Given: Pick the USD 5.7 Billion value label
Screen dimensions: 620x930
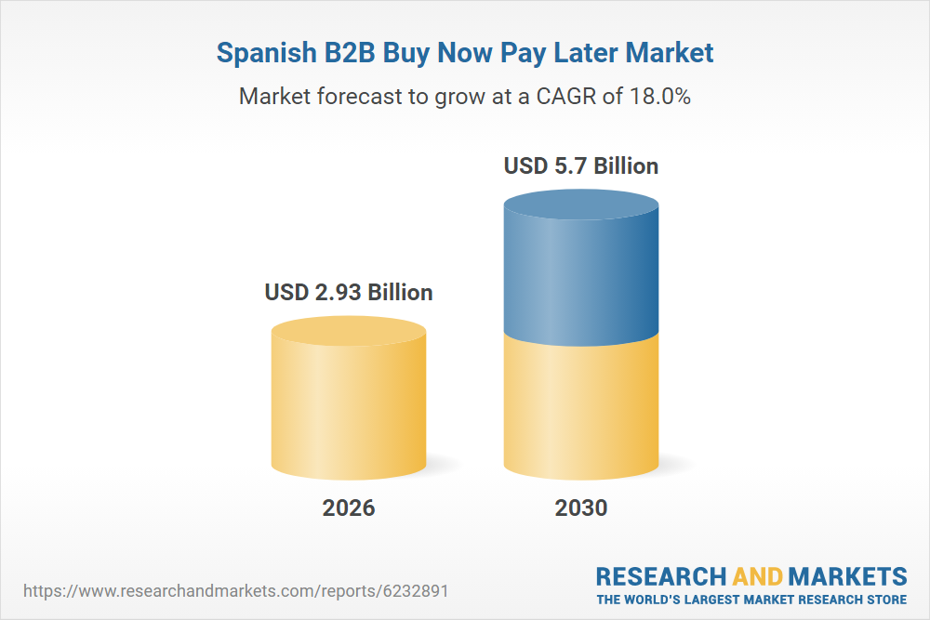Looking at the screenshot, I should pyautogui.click(x=581, y=166).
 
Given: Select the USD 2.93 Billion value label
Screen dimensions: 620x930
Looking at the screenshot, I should pyautogui.click(x=349, y=293).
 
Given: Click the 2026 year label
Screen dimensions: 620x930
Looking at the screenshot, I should pyautogui.click(x=349, y=508).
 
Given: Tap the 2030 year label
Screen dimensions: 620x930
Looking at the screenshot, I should pyautogui.click(x=581, y=508).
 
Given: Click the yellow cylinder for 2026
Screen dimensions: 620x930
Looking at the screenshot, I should pyautogui.click(x=349, y=409).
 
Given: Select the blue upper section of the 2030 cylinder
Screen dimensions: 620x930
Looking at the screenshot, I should pyautogui.click(x=581, y=274).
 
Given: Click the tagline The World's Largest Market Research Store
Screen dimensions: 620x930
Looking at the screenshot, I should pyautogui.click(x=751, y=600).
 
